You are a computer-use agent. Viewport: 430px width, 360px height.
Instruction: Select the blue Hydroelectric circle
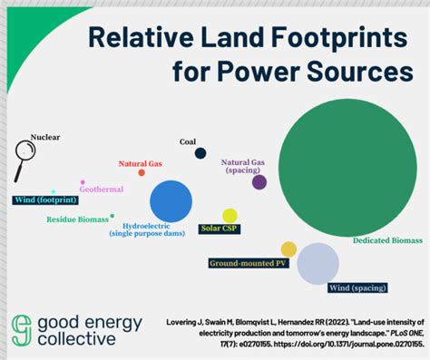171,201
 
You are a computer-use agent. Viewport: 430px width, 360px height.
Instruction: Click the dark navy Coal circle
200,153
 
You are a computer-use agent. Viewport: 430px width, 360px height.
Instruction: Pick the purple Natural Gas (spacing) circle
259,182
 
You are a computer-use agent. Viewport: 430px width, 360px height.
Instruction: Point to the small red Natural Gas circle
142,172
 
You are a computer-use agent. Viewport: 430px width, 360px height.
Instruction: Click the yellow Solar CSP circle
230,216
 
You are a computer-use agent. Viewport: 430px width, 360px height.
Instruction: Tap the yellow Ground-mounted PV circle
288,248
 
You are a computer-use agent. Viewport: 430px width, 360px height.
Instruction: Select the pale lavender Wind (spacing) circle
318,264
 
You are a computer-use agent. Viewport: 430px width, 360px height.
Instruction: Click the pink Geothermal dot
83,182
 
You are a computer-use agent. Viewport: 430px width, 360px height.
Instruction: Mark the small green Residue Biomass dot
112,216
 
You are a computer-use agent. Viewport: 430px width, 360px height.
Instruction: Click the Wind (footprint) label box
43,199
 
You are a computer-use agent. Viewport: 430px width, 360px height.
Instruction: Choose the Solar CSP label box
219,229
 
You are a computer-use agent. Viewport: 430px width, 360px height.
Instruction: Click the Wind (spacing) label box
357,289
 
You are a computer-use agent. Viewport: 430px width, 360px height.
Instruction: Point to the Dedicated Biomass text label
387,241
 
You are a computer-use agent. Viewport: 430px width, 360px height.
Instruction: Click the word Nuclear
45,138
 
